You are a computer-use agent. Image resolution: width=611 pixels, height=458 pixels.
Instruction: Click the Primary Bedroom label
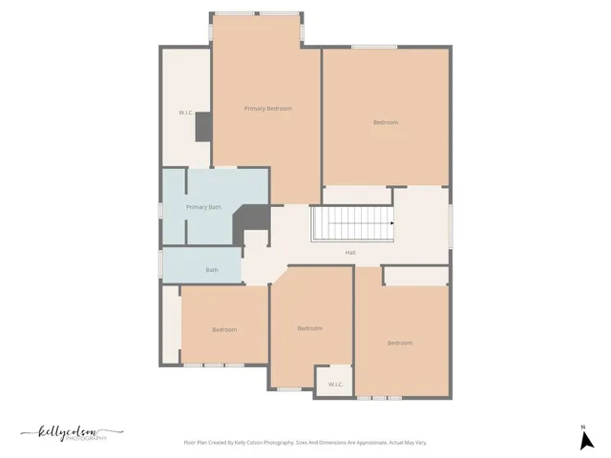pos(267,109)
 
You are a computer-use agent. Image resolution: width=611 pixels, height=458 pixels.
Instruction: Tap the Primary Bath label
pos(203,207)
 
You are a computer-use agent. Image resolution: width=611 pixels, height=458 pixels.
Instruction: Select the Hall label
pos(350,253)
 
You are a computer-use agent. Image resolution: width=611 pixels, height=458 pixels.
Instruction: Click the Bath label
pos(212,270)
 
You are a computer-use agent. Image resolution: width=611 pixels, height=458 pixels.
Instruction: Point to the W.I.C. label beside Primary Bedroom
pos(186,114)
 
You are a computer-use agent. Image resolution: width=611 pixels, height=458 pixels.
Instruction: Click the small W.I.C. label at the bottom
pos(335,385)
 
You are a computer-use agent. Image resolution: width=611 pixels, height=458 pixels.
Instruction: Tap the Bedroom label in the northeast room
pos(386,122)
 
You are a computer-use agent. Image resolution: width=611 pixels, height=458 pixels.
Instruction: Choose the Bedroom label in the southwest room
pos(224,329)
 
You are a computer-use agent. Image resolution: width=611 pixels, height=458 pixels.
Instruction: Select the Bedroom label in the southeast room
pos(400,343)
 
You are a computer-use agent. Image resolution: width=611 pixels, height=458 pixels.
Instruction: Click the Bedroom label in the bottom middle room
pos(309,328)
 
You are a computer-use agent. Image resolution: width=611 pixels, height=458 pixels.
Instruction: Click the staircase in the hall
pos(350,225)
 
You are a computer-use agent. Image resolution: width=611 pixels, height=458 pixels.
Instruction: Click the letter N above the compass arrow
pos(582,427)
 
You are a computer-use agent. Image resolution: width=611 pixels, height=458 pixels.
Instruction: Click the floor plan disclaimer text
pos(305,443)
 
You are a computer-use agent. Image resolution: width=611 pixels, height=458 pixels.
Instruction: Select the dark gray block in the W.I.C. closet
pos(202,128)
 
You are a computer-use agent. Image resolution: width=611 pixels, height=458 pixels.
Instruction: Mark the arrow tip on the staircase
pos(391,225)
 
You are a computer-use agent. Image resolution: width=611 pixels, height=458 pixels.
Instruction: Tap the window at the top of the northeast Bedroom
pos(374,47)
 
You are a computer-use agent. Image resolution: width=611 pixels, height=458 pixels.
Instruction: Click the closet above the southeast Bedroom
pos(416,276)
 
